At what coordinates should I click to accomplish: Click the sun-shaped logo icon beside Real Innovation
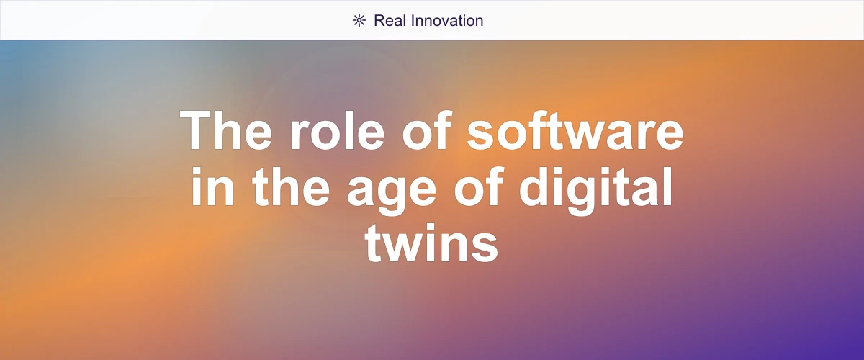click(359, 20)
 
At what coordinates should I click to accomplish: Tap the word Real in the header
click(390, 20)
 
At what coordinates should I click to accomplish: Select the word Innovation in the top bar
click(446, 20)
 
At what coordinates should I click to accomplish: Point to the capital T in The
click(196, 130)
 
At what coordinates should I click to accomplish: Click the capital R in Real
click(379, 20)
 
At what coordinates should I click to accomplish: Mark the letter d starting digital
click(541, 186)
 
